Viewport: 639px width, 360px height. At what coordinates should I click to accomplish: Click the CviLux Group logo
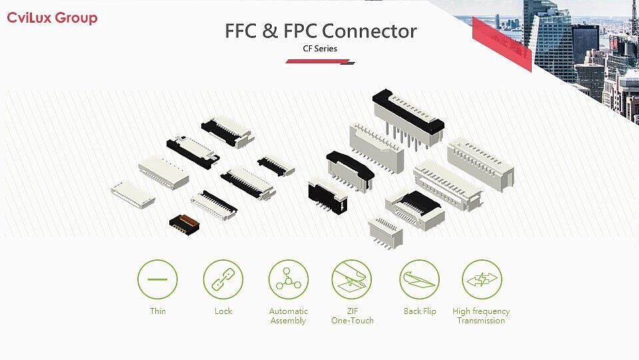(x=52, y=19)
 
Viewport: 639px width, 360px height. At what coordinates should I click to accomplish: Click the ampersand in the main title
(x=270, y=31)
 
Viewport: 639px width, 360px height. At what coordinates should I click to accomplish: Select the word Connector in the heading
(x=370, y=31)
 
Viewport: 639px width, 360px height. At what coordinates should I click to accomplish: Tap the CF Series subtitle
(x=320, y=49)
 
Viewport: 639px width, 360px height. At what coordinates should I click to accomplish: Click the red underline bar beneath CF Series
(x=320, y=61)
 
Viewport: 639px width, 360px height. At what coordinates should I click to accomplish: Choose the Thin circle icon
(x=157, y=279)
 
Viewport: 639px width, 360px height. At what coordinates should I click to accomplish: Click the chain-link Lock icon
(x=223, y=279)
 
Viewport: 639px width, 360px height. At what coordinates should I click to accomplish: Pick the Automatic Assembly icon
(x=288, y=279)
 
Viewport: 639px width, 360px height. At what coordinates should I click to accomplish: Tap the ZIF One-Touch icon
(x=352, y=279)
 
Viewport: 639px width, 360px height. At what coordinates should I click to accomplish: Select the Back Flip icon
(x=419, y=279)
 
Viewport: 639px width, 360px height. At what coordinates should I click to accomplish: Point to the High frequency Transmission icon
(x=482, y=279)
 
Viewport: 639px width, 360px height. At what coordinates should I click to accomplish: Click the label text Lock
(x=223, y=311)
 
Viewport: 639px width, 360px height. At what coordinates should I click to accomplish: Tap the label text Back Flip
(x=420, y=311)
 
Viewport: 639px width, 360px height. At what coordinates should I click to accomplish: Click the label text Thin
(x=158, y=311)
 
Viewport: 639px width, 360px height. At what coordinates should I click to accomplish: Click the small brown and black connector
(x=185, y=225)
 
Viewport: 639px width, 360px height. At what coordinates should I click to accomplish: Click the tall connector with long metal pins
(x=408, y=117)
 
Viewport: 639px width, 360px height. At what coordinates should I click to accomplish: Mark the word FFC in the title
(x=241, y=31)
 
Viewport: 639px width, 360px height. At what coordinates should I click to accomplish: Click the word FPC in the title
(x=300, y=31)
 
